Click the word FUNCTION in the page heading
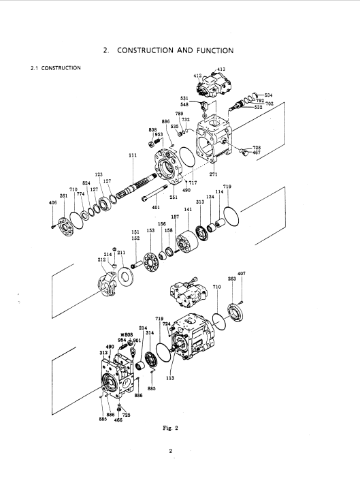pyautogui.click(x=215, y=50)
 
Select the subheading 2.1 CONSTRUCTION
pyautogui.click(x=56, y=68)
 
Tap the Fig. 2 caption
pyautogui.click(x=170, y=428)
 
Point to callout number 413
pyautogui.click(x=221, y=69)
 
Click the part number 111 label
pyautogui.click(x=133, y=155)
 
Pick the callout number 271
pyautogui.click(x=213, y=174)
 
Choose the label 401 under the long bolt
pyautogui.click(x=156, y=208)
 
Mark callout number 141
pyautogui.click(x=188, y=209)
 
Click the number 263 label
pyautogui.click(x=232, y=279)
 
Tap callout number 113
pyautogui.click(x=170, y=378)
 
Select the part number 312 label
pyautogui.click(x=103, y=353)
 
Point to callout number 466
pyautogui.click(x=118, y=420)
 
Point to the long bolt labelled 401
pyautogui.click(x=154, y=193)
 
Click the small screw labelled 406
pyautogui.click(x=52, y=227)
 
